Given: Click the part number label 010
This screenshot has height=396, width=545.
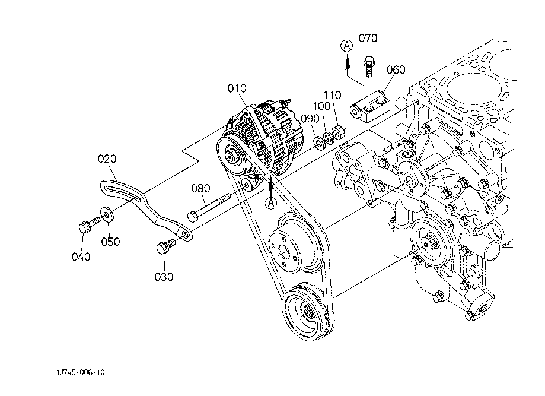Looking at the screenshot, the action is click(237, 88).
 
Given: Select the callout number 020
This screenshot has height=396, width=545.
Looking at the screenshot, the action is click(107, 159).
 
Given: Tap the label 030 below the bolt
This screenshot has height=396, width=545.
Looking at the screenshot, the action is click(164, 277).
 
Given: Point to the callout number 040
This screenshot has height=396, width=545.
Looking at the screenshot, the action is click(81, 257).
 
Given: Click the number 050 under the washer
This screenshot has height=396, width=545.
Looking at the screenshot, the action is click(110, 242).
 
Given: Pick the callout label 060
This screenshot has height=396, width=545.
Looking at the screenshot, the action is click(396, 70).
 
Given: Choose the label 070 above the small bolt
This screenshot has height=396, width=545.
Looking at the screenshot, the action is click(368, 38).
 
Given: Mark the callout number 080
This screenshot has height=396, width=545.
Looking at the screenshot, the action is click(200, 189).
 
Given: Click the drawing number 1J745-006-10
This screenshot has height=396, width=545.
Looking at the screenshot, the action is click(81, 373).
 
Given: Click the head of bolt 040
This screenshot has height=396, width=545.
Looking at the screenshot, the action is click(84, 227).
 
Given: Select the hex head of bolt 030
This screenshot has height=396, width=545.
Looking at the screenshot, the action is click(161, 248).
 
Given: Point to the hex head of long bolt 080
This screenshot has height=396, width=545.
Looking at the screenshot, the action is click(193, 217).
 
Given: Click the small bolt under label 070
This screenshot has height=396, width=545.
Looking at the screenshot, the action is click(369, 68).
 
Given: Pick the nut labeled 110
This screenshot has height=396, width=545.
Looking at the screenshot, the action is click(338, 132).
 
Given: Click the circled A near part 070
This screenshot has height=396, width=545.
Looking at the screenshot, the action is click(346, 46).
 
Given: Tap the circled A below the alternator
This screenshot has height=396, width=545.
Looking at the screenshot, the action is click(271, 202).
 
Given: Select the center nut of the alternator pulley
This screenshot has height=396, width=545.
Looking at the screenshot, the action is click(231, 156).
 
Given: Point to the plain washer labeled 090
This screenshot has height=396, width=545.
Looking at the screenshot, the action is click(318, 142).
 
